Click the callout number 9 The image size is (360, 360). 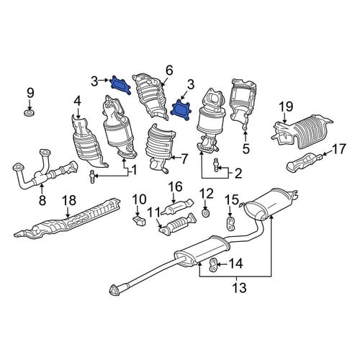(x=30, y=94)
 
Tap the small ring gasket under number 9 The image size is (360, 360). (x=30, y=112)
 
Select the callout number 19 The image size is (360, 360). (x=286, y=107)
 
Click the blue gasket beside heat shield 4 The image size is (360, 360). (x=120, y=85)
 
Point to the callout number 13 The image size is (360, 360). (x=239, y=287)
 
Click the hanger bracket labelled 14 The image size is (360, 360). (x=213, y=265)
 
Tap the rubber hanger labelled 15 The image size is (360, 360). (x=230, y=223)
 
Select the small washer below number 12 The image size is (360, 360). (x=205, y=212)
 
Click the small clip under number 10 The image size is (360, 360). (x=139, y=221)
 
